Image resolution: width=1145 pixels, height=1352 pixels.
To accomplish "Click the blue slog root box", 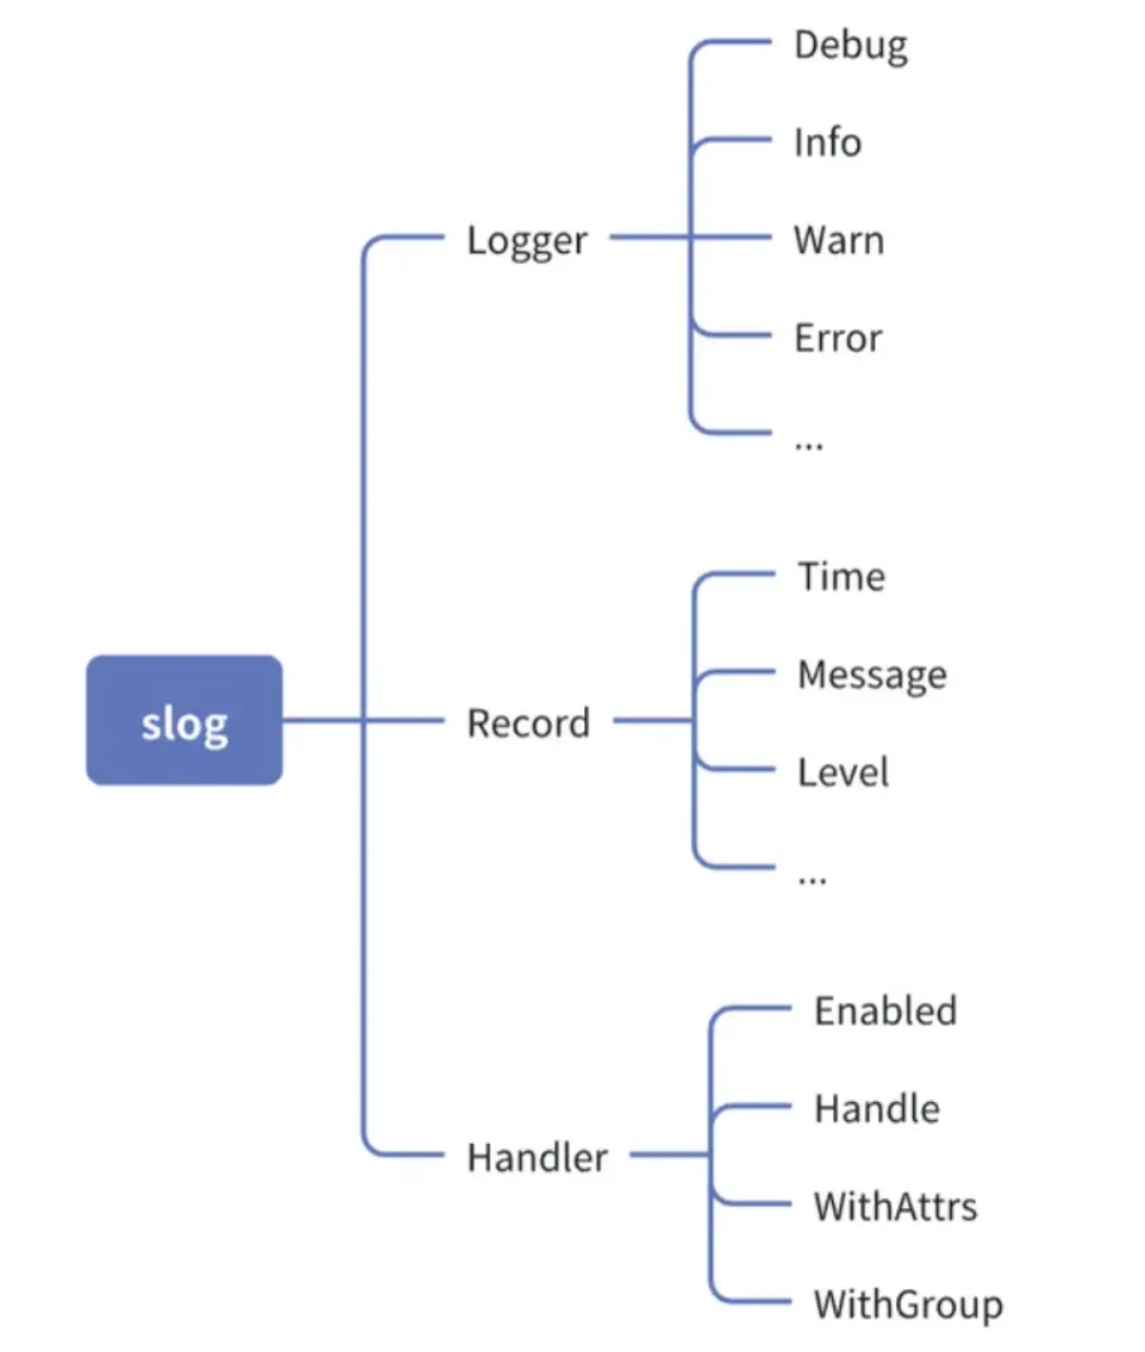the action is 184,719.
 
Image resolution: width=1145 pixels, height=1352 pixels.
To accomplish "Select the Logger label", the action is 527,240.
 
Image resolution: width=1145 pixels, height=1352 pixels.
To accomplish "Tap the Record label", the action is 528,723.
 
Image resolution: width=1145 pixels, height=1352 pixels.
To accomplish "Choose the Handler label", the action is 537,1157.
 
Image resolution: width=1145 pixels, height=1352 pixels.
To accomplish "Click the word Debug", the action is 850,47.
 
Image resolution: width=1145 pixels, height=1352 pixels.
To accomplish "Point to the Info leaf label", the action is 827,142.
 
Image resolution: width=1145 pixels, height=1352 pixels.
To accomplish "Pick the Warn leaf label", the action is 838,239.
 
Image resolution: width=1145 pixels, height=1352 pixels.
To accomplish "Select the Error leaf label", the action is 838,338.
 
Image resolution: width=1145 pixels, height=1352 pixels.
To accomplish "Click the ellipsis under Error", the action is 809,447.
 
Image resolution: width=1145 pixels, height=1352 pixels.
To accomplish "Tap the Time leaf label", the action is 842,576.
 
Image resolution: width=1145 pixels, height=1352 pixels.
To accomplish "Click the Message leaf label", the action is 872,675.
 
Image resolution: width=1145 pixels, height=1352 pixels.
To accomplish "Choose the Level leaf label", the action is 843,772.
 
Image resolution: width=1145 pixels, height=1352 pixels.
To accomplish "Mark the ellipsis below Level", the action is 812,880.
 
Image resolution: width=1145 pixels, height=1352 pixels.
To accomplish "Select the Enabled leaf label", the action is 885,1010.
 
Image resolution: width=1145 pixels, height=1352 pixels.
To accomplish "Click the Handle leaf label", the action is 877,1109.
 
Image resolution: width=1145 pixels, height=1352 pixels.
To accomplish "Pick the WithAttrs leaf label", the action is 895,1206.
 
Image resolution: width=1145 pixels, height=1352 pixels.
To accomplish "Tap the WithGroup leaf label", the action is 908,1306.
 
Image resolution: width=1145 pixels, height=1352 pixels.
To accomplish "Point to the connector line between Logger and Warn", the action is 690,237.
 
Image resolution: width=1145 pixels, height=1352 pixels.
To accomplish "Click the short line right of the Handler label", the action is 669,1154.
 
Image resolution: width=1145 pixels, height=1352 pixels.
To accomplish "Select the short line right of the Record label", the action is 653,720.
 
